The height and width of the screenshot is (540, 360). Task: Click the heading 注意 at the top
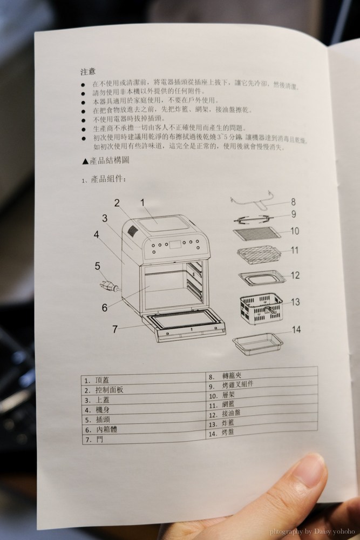coord(88,71)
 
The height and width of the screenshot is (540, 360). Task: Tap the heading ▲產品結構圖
coord(105,161)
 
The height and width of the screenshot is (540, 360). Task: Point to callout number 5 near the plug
coord(98,265)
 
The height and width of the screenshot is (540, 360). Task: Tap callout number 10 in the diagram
coord(294,231)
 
